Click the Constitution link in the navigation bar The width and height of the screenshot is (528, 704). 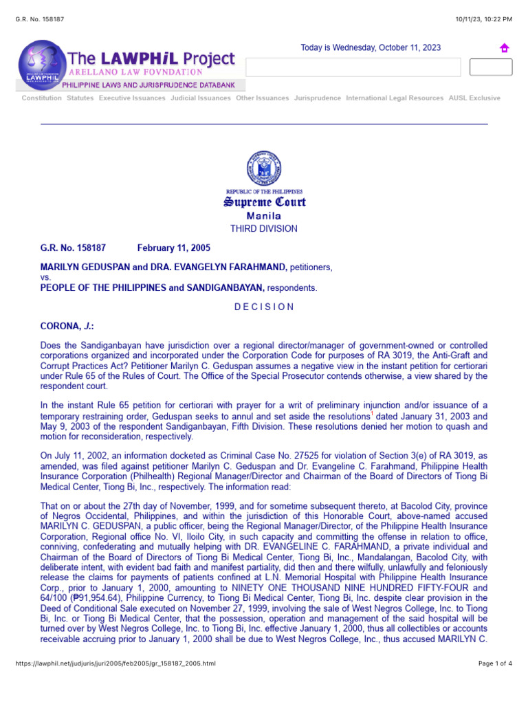tap(41, 98)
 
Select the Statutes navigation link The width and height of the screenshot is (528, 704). tap(80, 98)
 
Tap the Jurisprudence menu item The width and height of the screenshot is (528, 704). tap(317, 98)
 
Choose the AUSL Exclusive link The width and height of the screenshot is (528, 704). tap(474, 98)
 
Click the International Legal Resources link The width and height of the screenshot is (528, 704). tap(395, 98)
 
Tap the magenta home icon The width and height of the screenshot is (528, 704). tap(504, 48)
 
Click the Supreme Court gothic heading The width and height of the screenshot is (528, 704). tap(263, 202)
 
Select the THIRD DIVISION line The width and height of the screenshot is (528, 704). tap(263, 229)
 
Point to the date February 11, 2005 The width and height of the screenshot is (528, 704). tap(174, 248)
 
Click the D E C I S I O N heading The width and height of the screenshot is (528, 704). tap(263, 307)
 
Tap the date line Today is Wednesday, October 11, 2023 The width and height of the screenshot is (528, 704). tap(371, 48)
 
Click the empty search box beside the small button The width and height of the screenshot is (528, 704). tap(353, 67)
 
